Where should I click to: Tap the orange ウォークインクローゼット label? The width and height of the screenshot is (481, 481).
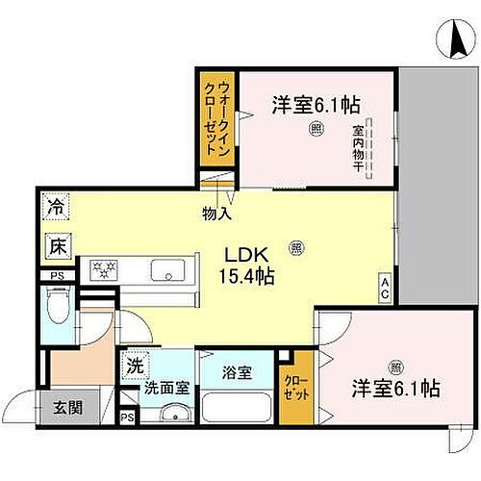(213, 115)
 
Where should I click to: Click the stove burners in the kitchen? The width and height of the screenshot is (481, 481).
(104, 269)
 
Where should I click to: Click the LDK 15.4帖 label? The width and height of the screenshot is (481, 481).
(249, 266)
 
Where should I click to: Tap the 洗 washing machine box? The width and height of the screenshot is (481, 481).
(135, 366)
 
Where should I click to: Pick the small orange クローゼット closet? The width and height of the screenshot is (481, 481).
(291, 388)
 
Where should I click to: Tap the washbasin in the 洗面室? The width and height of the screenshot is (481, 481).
(171, 417)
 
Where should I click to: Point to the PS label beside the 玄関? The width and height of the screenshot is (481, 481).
(127, 418)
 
